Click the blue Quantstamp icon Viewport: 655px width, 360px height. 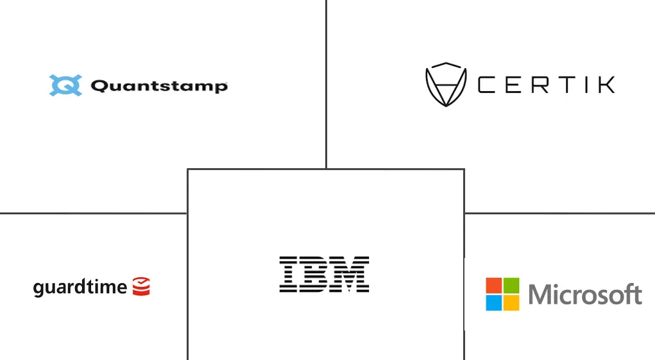[x=65, y=85]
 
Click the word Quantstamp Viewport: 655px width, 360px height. [x=159, y=86]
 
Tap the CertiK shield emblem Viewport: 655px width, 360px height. [x=445, y=84]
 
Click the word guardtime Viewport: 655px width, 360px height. [x=80, y=287]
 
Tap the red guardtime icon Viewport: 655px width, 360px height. [x=141, y=286]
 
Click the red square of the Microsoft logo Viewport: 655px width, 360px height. [x=493, y=286]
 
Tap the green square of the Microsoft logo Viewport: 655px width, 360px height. [x=511, y=286]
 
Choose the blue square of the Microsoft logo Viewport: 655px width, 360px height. [x=493, y=303]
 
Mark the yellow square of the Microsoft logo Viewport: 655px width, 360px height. [x=511, y=303]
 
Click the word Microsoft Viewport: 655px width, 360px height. [x=585, y=295]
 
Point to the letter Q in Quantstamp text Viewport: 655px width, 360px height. [x=98, y=86]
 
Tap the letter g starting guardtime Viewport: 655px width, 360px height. [x=38, y=288]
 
